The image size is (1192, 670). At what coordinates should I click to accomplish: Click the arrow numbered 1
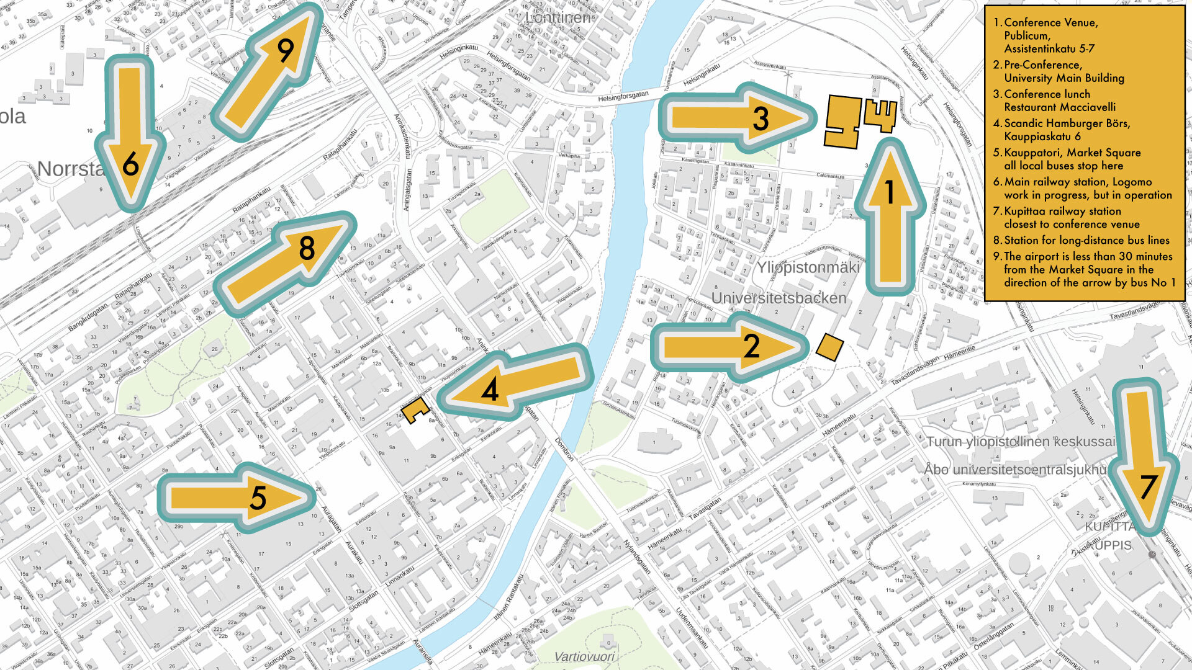pyautogui.click(x=890, y=217)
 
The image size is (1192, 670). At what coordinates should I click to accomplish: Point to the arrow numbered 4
pyautogui.click(x=515, y=383)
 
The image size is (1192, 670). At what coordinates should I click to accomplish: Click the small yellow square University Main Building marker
pyautogui.click(x=829, y=347)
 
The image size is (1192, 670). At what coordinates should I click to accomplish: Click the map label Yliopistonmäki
pyautogui.click(x=808, y=267)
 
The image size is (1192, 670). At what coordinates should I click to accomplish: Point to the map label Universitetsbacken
pyautogui.click(x=779, y=298)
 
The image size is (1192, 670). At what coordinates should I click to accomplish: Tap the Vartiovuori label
pyautogui.click(x=584, y=656)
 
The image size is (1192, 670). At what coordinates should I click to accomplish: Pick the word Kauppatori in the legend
pyautogui.click(x=1034, y=153)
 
